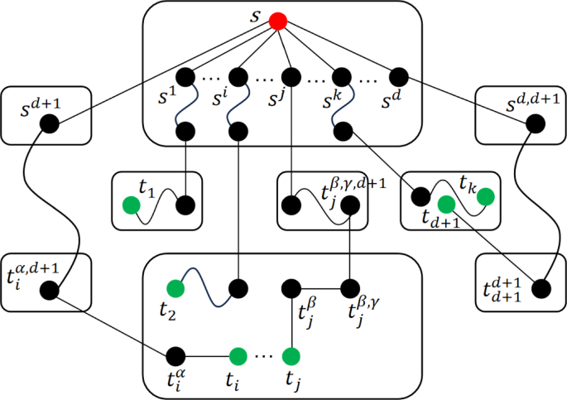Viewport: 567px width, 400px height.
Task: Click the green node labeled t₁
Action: coord(130,205)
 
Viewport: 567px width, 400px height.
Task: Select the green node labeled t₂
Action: coord(175,289)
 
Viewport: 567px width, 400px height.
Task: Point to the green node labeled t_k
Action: coord(486,197)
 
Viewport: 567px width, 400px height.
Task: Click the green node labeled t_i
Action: coord(238,357)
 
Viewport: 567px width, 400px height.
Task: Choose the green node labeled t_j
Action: coord(291,357)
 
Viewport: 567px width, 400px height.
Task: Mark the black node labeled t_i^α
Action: coord(175,357)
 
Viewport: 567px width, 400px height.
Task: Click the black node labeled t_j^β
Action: coord(291,289)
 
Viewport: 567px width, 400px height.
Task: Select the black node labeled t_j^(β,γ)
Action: coord(351,289)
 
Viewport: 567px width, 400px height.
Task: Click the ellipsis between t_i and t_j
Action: coord(264,357)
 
